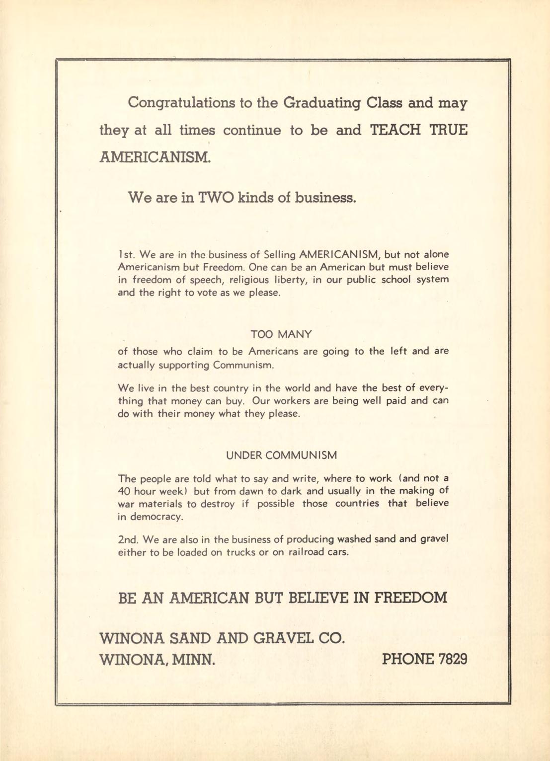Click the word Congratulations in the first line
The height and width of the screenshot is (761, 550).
(x=181, y=104)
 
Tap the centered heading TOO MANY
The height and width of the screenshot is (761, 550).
(x=281, y=334)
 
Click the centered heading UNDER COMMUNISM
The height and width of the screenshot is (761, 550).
(x=281, y=456)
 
